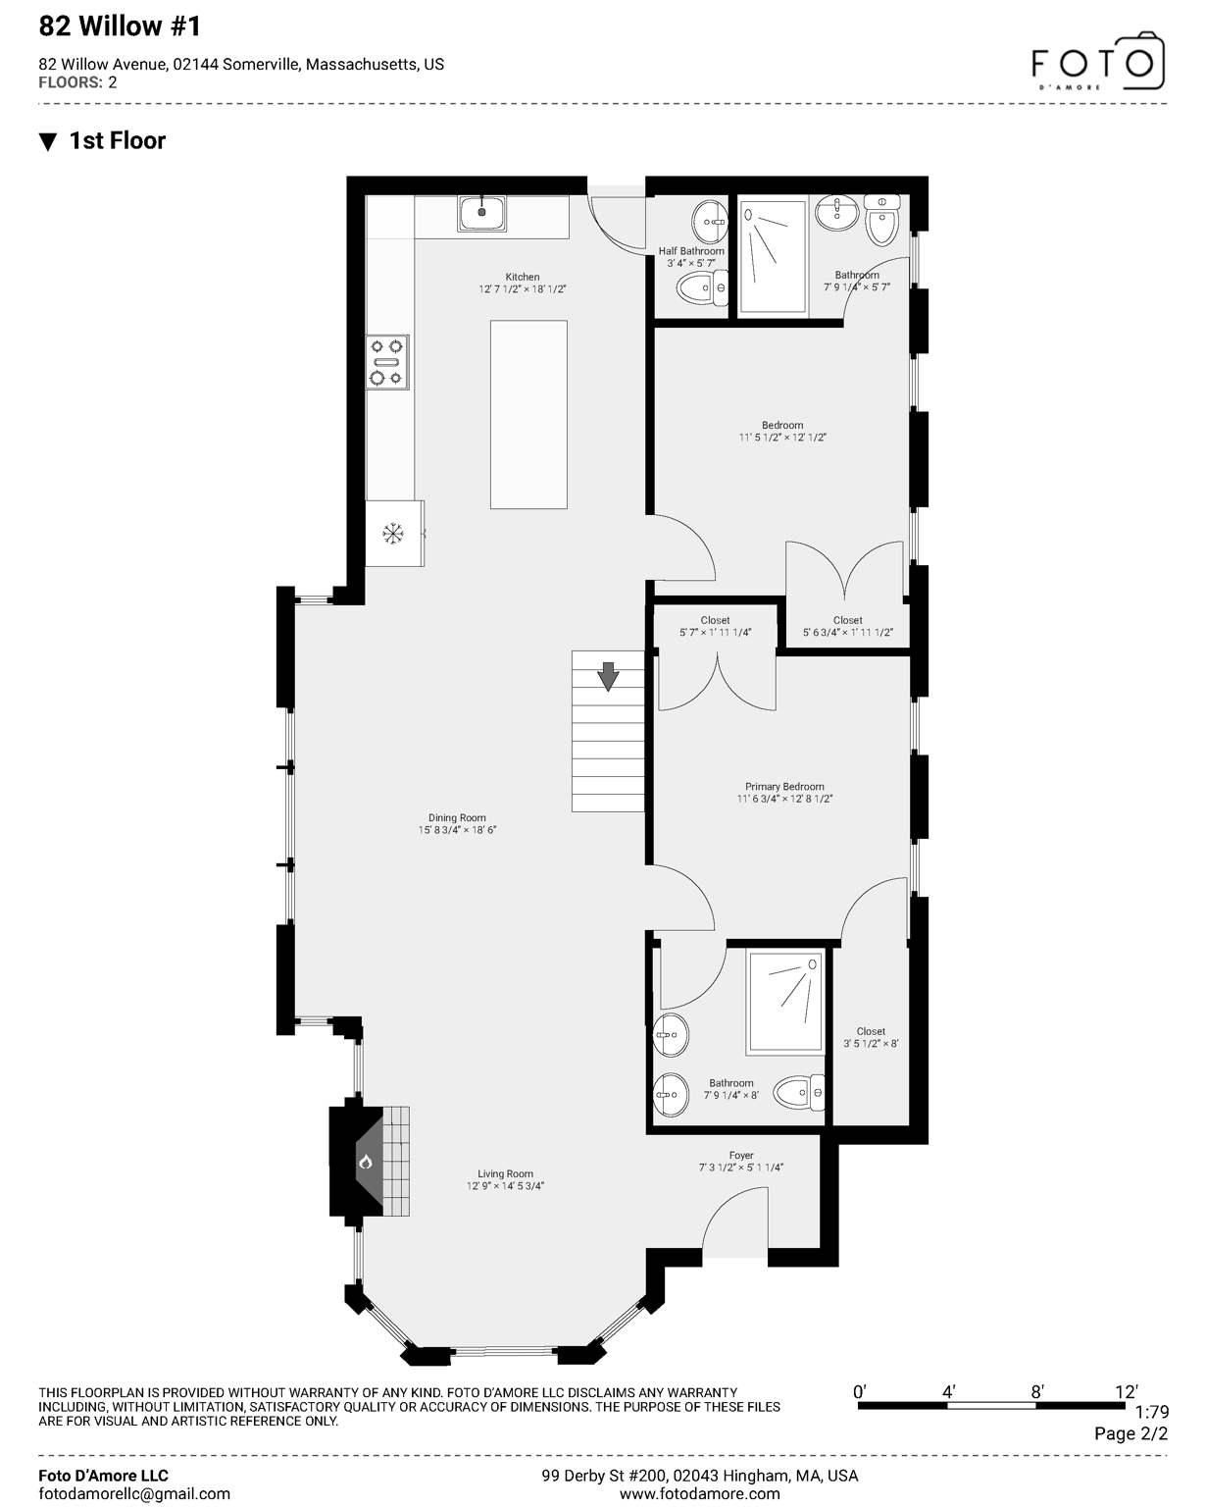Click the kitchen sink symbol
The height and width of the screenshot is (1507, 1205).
point(481,213)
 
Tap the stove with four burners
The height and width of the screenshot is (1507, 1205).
point(387,362)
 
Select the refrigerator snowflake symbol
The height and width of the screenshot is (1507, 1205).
point(393,534)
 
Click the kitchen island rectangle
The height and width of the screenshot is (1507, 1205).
point(528,414)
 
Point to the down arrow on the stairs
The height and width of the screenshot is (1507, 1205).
point(609,676)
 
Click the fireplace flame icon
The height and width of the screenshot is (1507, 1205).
point(366,1163)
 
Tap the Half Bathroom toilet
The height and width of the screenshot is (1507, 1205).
point(699,288)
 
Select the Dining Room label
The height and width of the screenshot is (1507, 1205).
point(457,818)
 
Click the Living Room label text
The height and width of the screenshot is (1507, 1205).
point(505,1173)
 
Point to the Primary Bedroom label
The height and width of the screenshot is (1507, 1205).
point(784,787)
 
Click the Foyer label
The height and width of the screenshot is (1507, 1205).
point(741,1156)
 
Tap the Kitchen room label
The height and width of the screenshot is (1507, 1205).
point(523,278)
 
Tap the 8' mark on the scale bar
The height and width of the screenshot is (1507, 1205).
point(1036,1392)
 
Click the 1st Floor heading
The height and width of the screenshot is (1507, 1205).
point(117,141)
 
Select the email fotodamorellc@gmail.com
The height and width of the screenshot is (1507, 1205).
point(134,1494)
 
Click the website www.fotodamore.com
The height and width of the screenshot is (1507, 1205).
point(700,1494)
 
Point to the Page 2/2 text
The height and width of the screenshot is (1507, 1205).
point(1130,1433)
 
